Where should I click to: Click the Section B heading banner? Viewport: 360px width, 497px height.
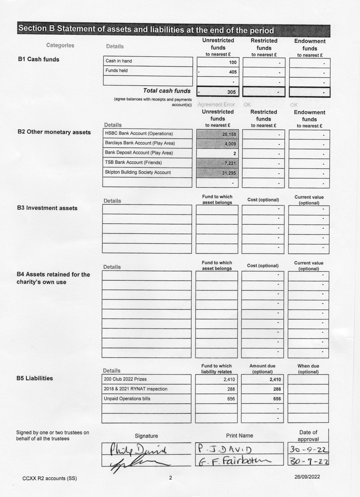click(173, 30)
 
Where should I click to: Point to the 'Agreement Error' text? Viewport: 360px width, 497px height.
click(216, 104)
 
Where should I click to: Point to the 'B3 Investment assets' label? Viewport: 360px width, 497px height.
click(47, 208)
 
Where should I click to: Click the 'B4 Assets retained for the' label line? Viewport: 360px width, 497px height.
click(53, 275)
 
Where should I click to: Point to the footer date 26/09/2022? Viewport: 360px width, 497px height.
click(307, 477)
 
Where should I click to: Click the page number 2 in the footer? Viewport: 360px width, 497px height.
click(170, 478)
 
